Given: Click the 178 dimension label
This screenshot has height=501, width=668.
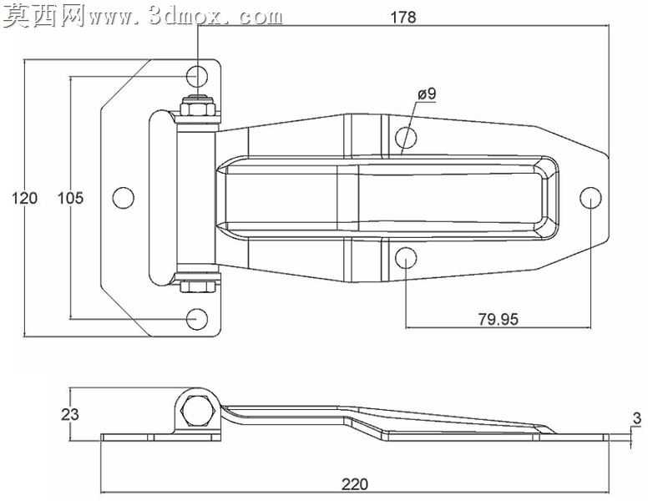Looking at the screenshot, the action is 403,17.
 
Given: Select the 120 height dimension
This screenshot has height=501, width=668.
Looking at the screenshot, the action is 25,198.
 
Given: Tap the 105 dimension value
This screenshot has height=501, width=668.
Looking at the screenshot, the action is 71,198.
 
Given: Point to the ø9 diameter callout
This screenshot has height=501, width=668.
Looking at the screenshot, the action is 427,94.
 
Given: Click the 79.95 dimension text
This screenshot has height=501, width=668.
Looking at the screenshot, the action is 498,319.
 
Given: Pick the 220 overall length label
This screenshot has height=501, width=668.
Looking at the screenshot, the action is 354,484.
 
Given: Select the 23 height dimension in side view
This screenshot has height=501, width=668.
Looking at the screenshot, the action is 70,414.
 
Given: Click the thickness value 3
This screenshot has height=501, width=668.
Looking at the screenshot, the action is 636,418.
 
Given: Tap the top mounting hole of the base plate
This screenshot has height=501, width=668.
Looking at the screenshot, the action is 197,76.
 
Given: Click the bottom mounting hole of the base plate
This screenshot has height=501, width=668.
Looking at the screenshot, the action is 197,319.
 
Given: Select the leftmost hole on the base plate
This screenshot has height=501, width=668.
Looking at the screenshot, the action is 123,198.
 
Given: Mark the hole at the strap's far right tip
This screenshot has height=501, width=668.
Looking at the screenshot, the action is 591,198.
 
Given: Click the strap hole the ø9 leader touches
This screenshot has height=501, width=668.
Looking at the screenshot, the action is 406,138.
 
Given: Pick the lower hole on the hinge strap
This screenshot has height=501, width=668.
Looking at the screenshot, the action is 406,258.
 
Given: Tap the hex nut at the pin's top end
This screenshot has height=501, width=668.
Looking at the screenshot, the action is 197,106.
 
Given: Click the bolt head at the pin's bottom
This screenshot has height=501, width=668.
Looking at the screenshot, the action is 197,286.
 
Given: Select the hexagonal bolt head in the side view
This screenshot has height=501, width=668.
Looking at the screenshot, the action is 197,411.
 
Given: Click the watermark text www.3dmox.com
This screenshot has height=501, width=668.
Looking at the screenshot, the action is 186,17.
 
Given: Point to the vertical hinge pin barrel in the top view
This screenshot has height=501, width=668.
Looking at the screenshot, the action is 196,198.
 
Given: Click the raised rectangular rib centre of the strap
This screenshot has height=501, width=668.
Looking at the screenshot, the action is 387,198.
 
